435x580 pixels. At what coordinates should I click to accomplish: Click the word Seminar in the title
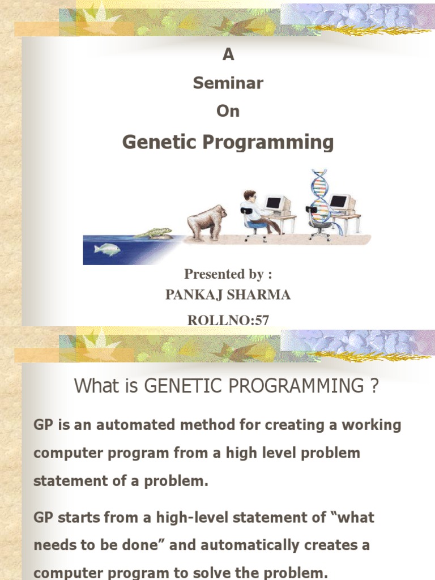click(x=228, y=83)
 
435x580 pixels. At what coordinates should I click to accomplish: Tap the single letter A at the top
click(x=228, y=55)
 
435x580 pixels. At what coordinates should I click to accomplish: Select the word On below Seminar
click(x=228, y=111)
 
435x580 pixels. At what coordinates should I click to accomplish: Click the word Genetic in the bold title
click(x=160, y=142)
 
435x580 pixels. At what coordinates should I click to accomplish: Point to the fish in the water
click(x=107, y=249)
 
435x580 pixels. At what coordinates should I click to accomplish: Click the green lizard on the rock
click(x=153, y=233)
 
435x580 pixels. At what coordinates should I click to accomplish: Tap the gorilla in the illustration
click(x=206, y=223)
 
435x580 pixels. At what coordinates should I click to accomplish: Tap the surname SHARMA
click(x=258, y=295)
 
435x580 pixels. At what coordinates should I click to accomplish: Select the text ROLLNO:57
click(x=228, y=320)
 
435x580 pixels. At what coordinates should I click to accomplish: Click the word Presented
click(x=214, y=274)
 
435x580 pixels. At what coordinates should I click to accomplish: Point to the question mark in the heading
click(x=374, y=385)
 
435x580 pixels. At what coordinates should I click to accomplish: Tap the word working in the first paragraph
click(x=371, y=425)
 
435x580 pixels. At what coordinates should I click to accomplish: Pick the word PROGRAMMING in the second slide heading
click(x=296, y=385)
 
